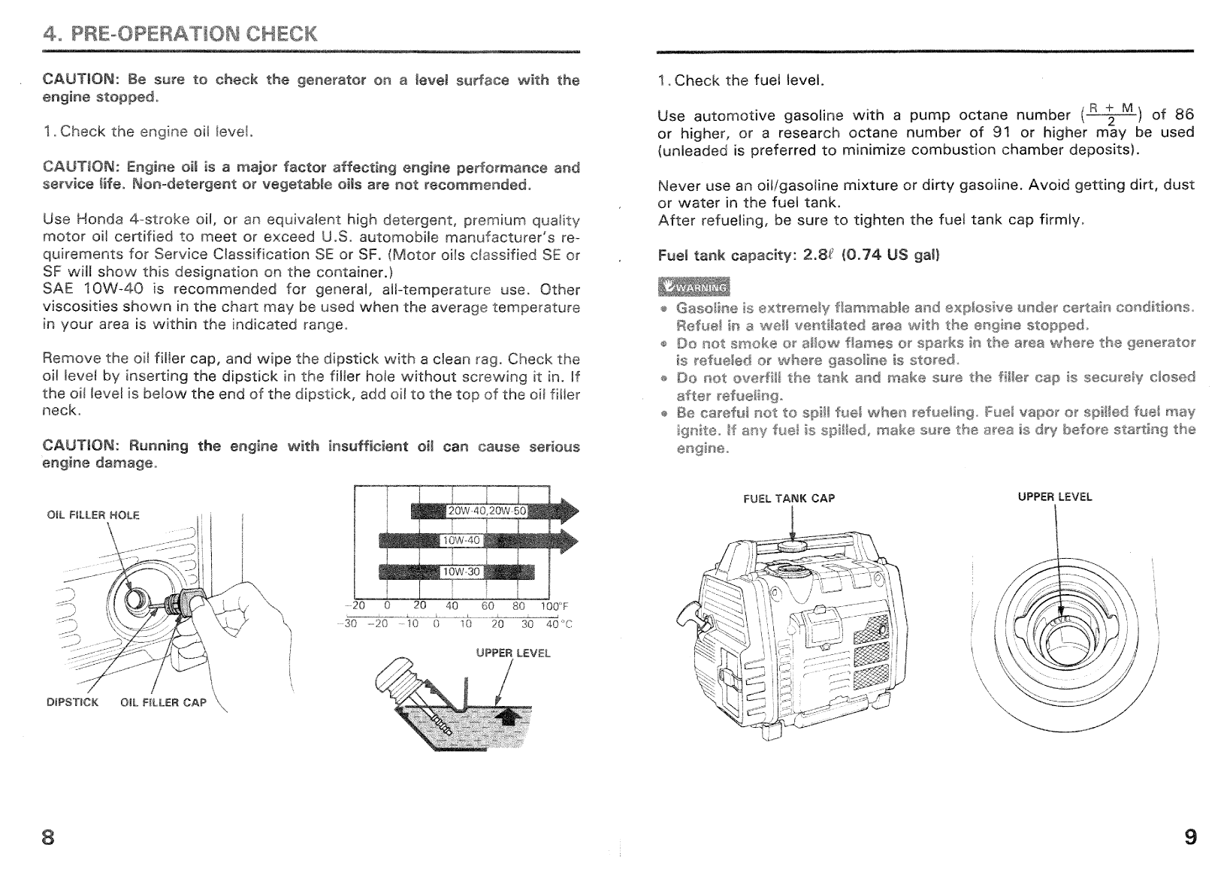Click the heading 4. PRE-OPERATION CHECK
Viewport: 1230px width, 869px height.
coord(180,34)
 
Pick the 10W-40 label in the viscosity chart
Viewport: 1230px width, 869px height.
coord(461,541)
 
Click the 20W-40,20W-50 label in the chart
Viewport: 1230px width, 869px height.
coord(488,511)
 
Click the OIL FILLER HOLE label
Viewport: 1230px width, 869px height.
coord(92,515)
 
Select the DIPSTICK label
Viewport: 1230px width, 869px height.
coord(72,703)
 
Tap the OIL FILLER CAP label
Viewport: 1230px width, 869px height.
coord(162,703)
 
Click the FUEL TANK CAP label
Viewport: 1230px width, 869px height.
coord(789,499)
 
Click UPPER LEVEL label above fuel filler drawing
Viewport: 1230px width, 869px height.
coord(1054,497)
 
